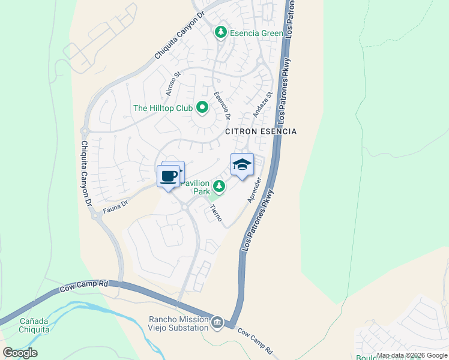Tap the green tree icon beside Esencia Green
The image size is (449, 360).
221,32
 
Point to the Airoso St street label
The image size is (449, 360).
173,85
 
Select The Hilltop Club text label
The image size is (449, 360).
163,108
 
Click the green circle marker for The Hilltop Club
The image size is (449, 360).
202,108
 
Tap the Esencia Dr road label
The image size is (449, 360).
223,106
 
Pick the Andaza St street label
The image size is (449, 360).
262,102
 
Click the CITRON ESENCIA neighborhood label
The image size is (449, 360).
261,131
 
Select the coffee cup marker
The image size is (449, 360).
169,176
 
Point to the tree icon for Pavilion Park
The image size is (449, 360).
219,187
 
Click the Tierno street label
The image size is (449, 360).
215,213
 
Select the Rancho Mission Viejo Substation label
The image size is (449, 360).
178,324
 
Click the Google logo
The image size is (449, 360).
20,353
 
